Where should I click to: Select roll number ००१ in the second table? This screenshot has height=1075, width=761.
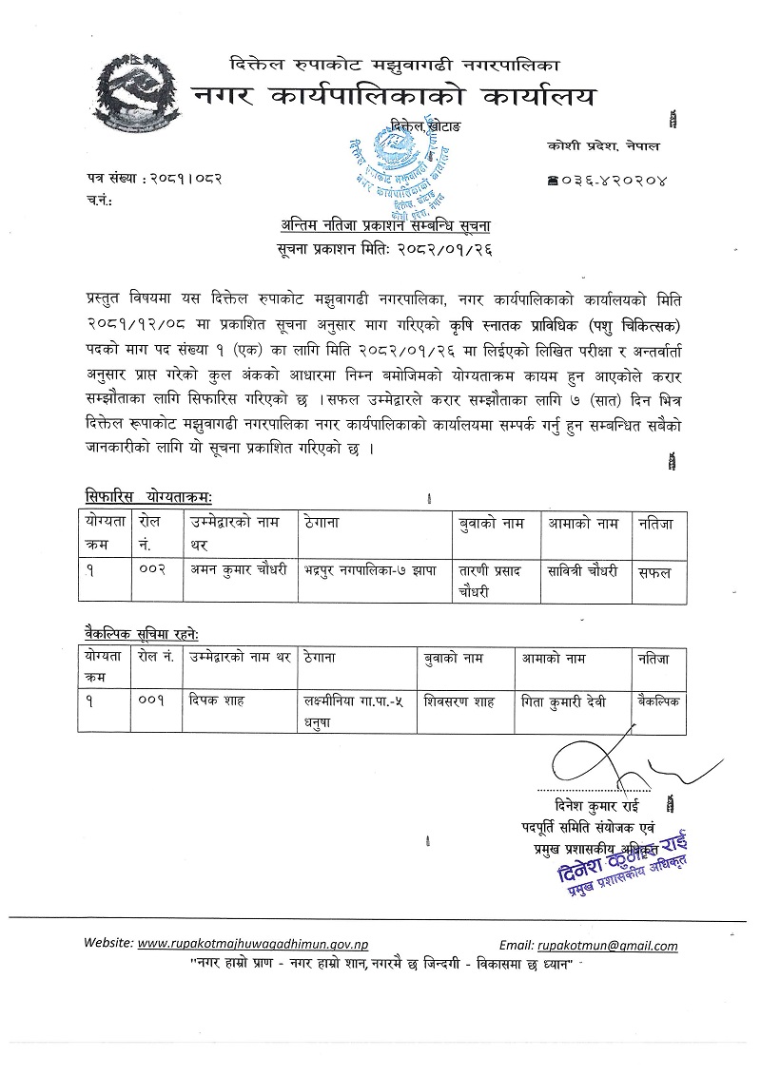point(152,701)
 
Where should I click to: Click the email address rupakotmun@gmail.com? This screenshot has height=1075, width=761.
point(607,946)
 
